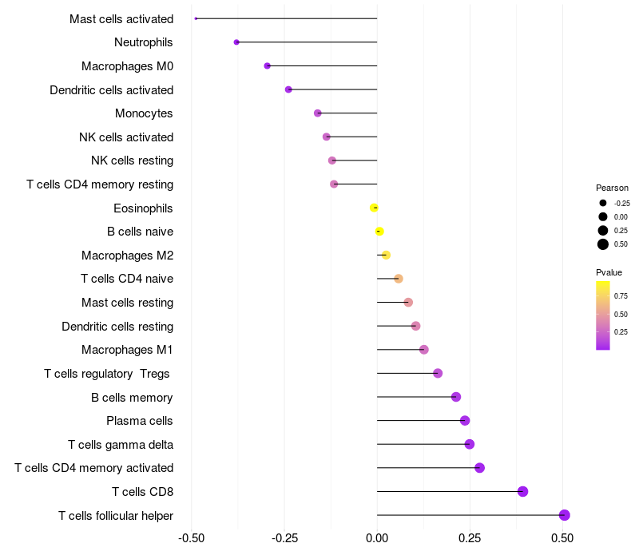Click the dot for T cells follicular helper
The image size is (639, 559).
(565, 515)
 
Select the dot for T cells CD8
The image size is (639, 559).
(523, 491)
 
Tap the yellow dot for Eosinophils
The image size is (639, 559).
(374, 208)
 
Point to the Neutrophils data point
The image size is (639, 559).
(236, 42)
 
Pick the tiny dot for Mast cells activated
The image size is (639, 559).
(196, 18)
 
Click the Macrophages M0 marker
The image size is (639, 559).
(267, 66)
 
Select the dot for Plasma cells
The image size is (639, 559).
(465, 421)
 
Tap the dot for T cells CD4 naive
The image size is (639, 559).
(399, 279)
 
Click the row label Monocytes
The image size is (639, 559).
(144, 113)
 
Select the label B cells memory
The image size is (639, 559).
(132, 397)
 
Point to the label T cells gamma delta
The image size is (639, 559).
(121, 444)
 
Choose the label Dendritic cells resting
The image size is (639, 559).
(117, 326)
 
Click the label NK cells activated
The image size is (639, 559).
(126, 137)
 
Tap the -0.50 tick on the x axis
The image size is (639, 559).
(191, 538)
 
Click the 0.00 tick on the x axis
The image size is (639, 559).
(377, 538)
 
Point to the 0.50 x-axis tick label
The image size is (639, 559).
(562, 538)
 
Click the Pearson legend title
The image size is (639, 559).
(612, 188)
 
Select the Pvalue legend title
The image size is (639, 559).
(609, 272)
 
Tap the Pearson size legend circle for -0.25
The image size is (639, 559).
(603, 203)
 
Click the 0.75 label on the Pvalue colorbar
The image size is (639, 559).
(621, 295)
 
